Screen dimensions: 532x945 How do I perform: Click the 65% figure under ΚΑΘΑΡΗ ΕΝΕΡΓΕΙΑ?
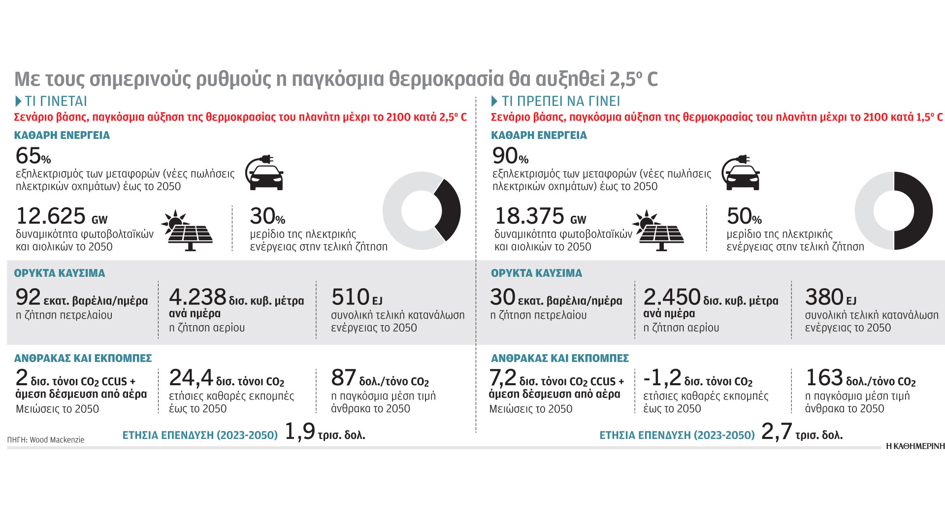33,156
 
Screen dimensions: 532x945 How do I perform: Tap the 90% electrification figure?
510,156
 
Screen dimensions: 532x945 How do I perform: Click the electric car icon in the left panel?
265,173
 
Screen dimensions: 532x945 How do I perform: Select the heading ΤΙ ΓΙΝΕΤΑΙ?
56,101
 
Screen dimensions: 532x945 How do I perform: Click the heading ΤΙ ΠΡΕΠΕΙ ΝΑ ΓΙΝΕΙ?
560,101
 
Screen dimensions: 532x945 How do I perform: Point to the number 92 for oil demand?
28,297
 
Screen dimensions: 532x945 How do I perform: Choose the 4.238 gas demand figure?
197,297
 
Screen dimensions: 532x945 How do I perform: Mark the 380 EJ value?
824,297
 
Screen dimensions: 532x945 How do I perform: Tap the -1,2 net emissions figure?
662,378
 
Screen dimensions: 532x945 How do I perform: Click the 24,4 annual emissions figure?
191,378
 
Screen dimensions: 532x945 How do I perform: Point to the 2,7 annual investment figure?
777,432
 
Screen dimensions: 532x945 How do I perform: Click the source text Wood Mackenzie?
57,440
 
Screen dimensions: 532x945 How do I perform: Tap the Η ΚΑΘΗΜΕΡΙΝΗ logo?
915,446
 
